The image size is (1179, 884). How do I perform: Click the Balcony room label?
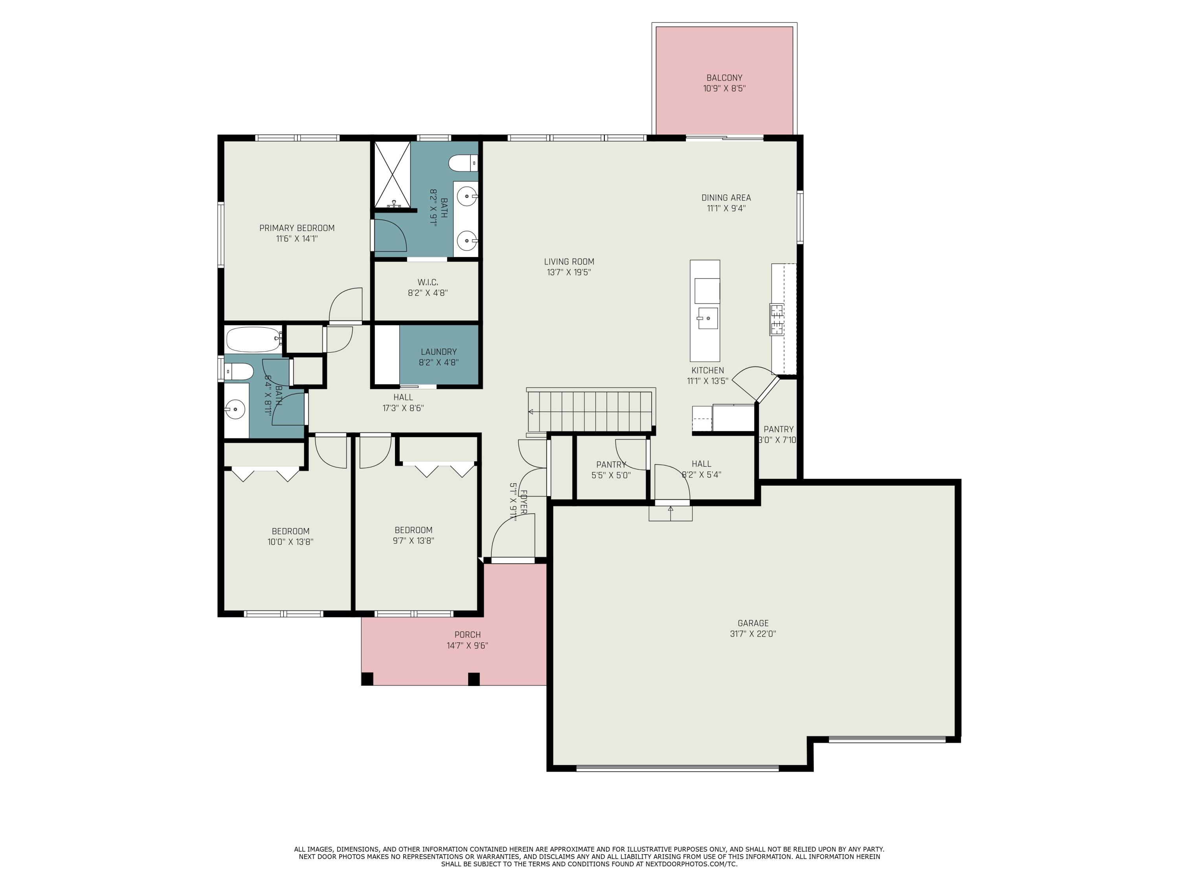click(x=724, y=78)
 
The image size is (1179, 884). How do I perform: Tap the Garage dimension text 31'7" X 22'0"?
click(x=753, y=634)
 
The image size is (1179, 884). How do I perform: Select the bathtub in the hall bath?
click(x=252, y=339)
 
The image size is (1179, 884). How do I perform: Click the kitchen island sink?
click(x=708, y=318)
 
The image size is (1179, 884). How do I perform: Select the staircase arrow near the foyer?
click(x=531, y=411)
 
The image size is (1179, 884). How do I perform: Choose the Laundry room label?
click(x=438, y=352)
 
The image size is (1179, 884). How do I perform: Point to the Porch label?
click(x=467, y=635)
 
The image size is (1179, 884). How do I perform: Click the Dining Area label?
click(x=726, y=198)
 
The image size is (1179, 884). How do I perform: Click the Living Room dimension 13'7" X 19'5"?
click(x=569, y=272)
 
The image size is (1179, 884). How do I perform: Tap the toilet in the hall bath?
click(x=238, y=371)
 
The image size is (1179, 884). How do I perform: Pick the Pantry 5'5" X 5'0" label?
click(x=611, y=470)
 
